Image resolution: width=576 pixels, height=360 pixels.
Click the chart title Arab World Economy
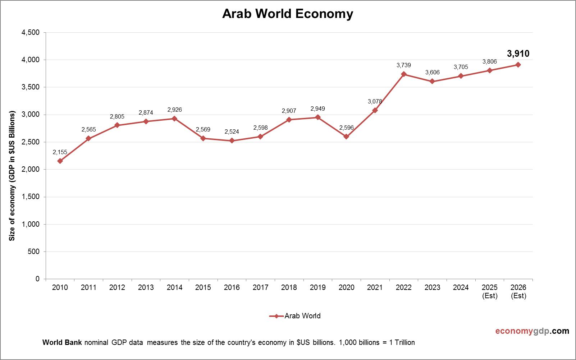(x=288, y=14)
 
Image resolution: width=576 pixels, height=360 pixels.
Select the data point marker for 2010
(x=60, y=161)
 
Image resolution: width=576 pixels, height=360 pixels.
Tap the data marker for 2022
(x=403, y=74)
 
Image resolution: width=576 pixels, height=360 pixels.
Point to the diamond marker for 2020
(x=346, y=137)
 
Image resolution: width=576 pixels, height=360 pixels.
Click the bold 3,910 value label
(x=518, y=54)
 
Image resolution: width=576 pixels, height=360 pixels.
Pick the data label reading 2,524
(x=232, y=132)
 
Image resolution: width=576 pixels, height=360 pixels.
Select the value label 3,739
(x=403, y=65)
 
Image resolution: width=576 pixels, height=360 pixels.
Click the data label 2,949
(x=317, y=109)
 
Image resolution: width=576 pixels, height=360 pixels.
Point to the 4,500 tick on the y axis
(x=31, y=33)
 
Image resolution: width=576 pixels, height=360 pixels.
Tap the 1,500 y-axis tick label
(x=31, y=197)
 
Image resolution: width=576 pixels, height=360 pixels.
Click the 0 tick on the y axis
(x=37, y=279)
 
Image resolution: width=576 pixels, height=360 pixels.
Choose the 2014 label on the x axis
(x=174, y=287)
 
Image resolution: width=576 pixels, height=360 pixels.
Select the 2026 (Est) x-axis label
(x=518, y=291)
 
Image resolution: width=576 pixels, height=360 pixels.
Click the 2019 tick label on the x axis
(x=317, y=287)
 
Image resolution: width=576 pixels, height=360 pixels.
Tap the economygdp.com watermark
(x=532, y=331)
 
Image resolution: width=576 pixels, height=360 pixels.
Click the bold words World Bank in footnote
(x=63, y=342)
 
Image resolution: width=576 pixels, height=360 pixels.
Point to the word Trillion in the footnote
(x=404, y=342)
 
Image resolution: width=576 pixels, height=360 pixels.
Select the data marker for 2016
(x=232, y=140)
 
